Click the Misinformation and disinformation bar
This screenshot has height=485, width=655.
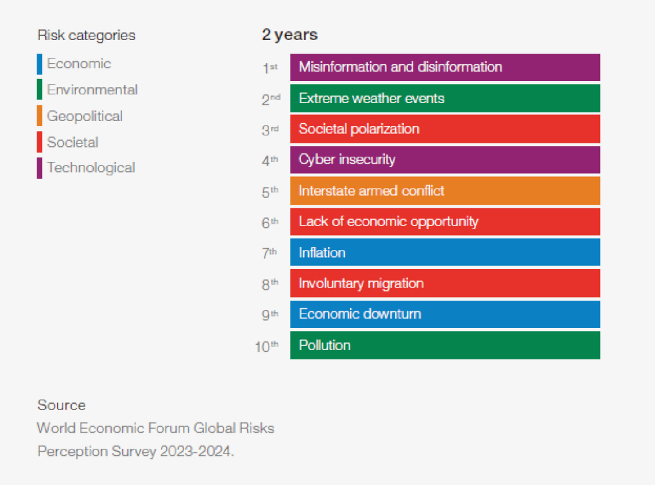pyautogui.click(x=445, y=67)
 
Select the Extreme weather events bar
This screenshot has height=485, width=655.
pyautogui.click(x=445, y=98)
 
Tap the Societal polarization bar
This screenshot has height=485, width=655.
pyautogui.click(x=445, y=129)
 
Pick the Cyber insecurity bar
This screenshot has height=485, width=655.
pyautogui.click(x=445, y=160)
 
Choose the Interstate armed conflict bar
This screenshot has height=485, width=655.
pyautogui.click(x=445, y=191)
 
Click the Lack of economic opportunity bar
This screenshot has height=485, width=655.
pyautogui.click(x=445, y=221)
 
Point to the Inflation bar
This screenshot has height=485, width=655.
pyautogui.click(x=445, y=252)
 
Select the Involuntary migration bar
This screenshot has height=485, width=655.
pyautogui.click(x=445, y=283)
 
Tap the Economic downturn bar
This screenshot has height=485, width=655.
pyautogui.click(x=445, y=314)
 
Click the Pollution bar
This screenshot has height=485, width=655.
pyautogui.click(x=445, y=345)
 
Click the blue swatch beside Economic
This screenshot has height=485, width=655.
pyautogui.click(x=40, y=64)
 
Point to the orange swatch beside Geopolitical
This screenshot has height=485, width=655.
pyautogui.click(x=40, y=116)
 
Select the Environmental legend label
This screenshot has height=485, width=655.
pyautogui.click(x=92, y=90)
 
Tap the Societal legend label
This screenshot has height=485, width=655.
pyautogui.click(x=72, y=142)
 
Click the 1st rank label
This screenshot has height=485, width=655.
pyautogui.click(x=270, y=68)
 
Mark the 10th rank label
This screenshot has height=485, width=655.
pyautogui.click(x=266, y=346)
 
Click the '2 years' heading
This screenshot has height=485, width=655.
pyautogui.click(x=290, y=35)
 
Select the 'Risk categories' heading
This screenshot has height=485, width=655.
pyautogui.click(x=86, y=36)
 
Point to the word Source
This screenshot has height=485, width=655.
pyautogui.click(x=62, y=405)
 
